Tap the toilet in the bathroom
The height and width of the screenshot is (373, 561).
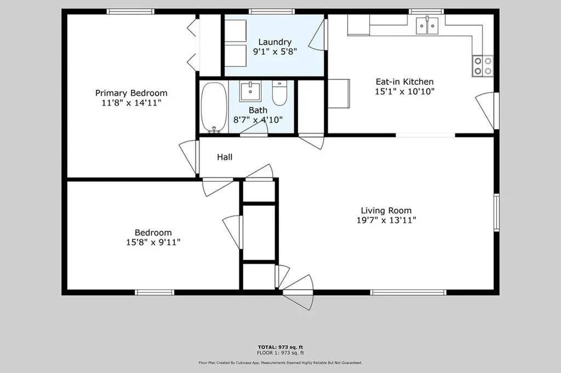[x=279, y=93]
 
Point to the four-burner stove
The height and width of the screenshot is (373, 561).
[x=483, y=66]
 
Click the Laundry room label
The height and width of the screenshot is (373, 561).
[x=274, y=42]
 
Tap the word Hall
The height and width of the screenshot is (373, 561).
[x=225, y=158]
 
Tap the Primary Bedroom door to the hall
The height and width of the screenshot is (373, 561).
[x=188, y=156]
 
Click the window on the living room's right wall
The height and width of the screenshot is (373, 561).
[x=496, y=212]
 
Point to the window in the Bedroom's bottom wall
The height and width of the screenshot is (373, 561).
[x=154, y=292]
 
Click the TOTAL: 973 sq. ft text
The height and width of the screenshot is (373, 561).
[x=280, y=347]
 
